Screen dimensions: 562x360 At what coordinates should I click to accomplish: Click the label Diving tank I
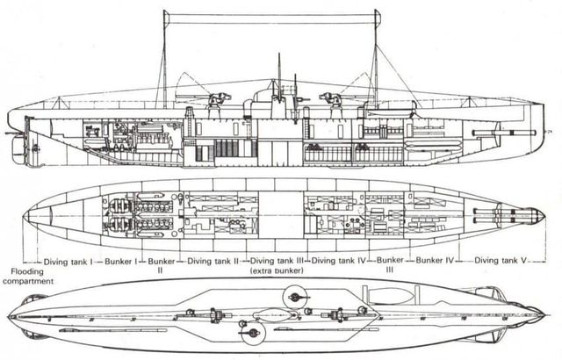[x=68, y=262]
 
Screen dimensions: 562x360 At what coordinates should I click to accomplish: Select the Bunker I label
[x=121, y=262]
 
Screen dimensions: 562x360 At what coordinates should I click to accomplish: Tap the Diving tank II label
[x=213, y=262]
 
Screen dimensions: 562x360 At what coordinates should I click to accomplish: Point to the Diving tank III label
[x=277, y=261]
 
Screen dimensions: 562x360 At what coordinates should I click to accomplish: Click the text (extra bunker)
[x=277, y=270]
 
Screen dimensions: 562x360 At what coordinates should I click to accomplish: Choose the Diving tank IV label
[x=338, y=261]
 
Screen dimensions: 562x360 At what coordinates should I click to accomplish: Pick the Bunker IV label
[x=435, y=260]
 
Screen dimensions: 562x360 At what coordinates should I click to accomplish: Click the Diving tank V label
[x=501, y=261]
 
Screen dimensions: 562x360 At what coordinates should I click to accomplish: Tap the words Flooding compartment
[x=28, y=277]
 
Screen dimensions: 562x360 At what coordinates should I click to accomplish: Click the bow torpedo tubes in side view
[x=504, y=133]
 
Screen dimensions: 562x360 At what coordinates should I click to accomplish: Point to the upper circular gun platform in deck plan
[x=295, y=297]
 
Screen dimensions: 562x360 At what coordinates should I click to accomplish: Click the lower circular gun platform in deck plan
[x=254, y=333]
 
